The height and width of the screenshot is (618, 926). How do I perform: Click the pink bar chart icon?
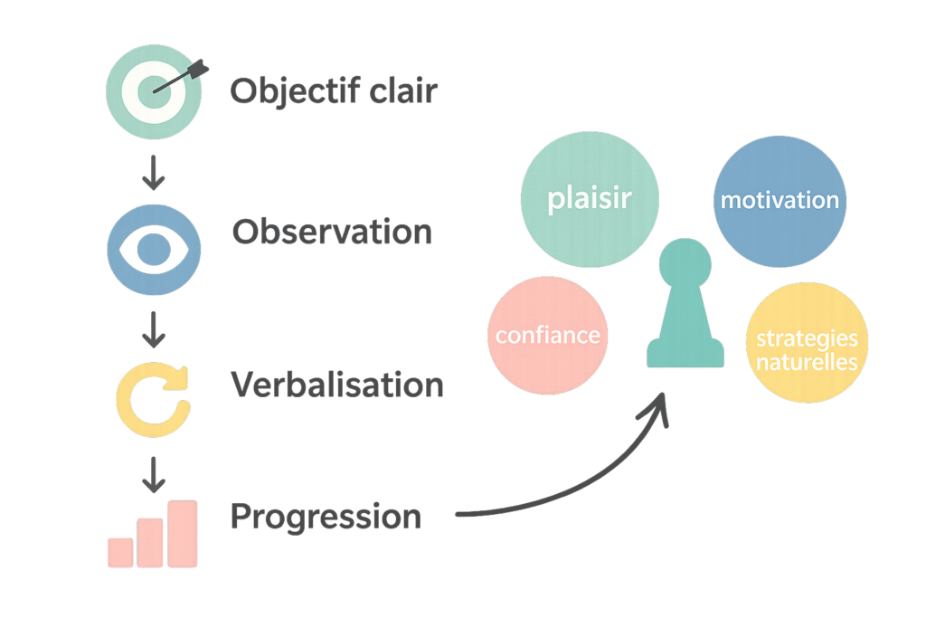[153, 534]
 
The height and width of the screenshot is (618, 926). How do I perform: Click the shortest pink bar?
[120, 552]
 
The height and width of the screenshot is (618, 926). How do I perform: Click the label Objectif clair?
[333, 91]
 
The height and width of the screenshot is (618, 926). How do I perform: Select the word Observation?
[332, 233]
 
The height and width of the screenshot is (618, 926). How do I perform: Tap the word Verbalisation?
[337, 385]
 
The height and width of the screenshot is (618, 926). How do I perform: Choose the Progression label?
[326, 517]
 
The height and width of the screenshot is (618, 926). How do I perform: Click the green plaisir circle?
[590, 200]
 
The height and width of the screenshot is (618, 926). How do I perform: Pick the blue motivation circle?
[779, 200]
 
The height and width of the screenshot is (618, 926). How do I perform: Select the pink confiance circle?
[548, 336]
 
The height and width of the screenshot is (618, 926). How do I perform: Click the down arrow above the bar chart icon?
[155, 471]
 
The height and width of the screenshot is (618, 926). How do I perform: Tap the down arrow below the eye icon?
[155, 331]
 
